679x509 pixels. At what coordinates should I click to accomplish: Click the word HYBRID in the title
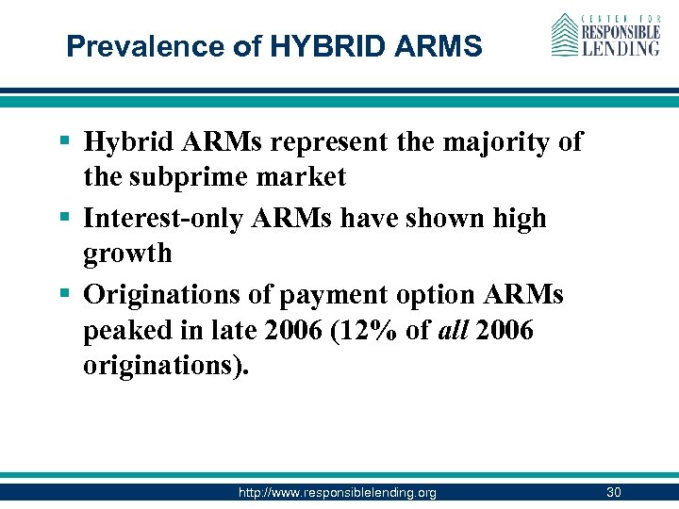[308, 46]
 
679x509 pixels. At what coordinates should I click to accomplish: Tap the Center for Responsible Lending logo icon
[564, 35]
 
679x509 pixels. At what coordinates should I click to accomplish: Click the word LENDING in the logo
[620, 46]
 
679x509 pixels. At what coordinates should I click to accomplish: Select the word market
[301, 177]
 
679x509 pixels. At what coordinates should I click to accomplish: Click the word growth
[127, 254]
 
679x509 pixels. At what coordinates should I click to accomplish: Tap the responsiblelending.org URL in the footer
[337, 493]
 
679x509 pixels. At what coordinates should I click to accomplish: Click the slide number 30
[613, 493]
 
